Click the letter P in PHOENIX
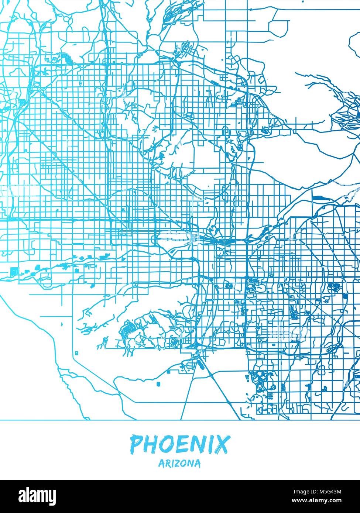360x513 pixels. [137, 445]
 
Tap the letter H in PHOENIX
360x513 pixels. [151, 445]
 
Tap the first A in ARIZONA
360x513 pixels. [161, 463]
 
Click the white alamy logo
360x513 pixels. [32, 495]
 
